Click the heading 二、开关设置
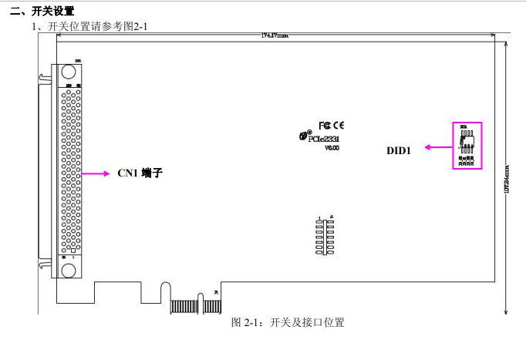pos(42,11)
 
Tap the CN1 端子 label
pos(140,173)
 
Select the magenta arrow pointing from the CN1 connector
pos(96,173)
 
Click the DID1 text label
pos(398,150)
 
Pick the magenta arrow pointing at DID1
pos(435,146)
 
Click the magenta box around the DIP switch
pos(466,145)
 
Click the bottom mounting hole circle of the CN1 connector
pos(69,270)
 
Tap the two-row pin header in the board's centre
pos(324,237)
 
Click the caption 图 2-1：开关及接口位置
pos(288,322)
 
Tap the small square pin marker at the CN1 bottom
pos(73,251)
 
